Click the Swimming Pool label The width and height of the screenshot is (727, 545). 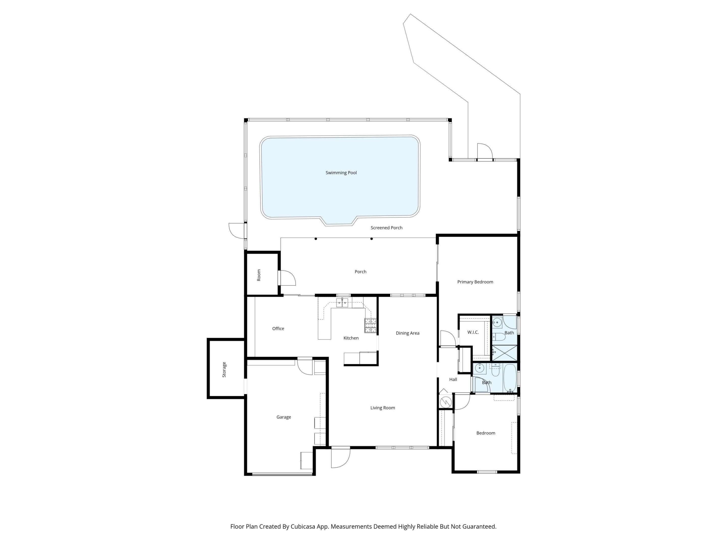point(341,173)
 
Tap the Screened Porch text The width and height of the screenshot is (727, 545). point(386,228)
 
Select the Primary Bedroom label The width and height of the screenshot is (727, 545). point(475,282)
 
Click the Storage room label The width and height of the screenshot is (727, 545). point(224,370)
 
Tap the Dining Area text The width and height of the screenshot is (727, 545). point(407,333)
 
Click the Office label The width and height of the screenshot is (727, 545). point(278,329)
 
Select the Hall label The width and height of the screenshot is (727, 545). point(453,379)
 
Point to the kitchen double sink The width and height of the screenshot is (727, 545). point(342,303)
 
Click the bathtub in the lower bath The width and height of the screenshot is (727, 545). point(510,378)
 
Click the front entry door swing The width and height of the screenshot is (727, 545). point(341,458)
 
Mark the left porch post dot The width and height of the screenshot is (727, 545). point(316,239)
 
